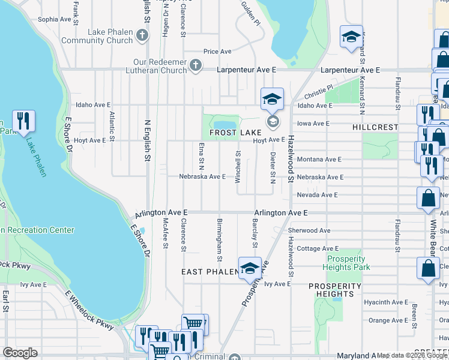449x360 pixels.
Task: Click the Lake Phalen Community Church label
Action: click(97, 36)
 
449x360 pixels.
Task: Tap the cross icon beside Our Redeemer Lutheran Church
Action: click(196, 65)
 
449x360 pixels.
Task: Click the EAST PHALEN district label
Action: click(206, 272)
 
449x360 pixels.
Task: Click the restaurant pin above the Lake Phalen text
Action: click(23, 122)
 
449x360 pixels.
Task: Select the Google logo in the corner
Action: click(20, 353)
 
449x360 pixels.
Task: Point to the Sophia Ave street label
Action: click(55, 19)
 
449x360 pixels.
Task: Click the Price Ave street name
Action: click(217, 52)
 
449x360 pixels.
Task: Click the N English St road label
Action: click(146, 140)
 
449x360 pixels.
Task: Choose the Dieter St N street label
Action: click(273, 167)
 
